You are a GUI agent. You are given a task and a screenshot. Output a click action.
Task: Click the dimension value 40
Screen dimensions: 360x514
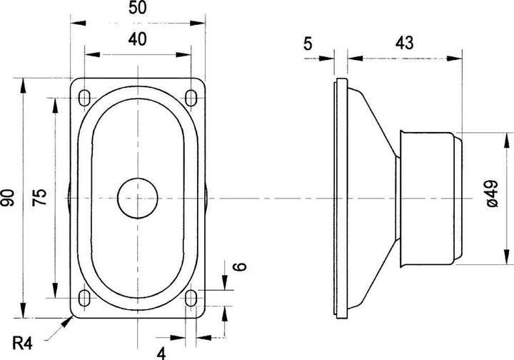[138, 41]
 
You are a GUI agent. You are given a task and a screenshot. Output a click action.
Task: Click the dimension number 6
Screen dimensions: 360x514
[240, 267]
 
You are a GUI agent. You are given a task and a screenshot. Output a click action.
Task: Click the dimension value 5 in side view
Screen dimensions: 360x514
[308, 44]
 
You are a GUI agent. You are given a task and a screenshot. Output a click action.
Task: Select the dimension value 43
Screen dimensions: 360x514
[404, 44]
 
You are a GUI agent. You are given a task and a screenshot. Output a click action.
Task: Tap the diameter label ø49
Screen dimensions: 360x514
[490, 195]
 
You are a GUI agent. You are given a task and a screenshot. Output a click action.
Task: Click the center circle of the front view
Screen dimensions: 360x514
[138, 197]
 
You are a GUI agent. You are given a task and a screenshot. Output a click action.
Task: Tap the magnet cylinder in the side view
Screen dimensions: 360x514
[428, 197]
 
